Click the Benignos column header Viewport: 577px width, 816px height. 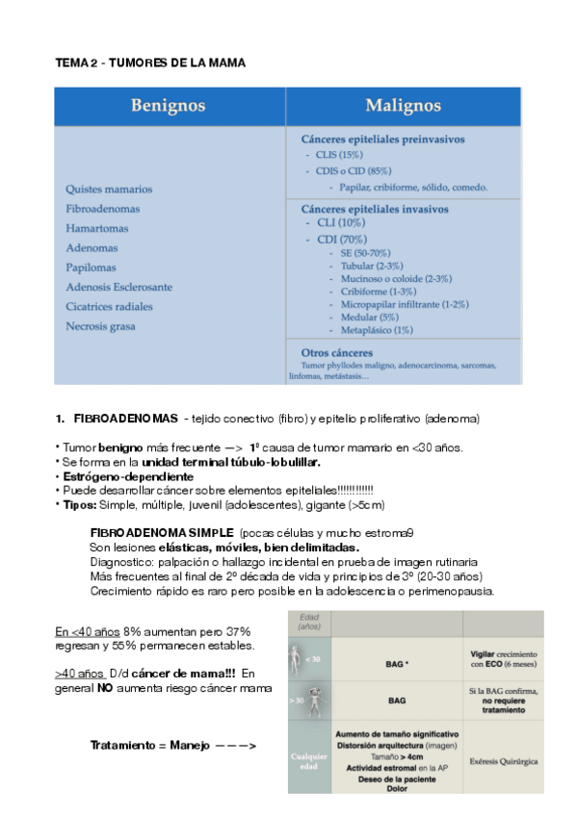pyautogui.click(x=170, y=105)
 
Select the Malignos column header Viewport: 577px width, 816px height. pyautogui.click(x=404, y=105)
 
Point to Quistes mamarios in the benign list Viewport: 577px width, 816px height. pyautogui.click(x=109, y=190)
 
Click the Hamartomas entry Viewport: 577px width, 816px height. pyautogui.click(x=99, y=228)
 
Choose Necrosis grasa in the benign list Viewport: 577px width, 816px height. pyautogui.click(x=101, y=326)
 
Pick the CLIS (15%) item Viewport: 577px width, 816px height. pyautogui.click(x=339, y=155)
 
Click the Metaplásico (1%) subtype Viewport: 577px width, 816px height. pyautogui.click(x=377, y=330)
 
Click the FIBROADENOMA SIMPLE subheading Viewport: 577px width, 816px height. pyautogui.click(x=161, y=532)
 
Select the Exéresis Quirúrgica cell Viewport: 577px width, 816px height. pyautogui.click(x=503, y=761)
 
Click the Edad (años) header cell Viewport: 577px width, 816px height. pyautogui.click(x=308, y=622)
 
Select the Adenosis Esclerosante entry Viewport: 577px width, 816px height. pyautogui.click(x=119, y=287)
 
